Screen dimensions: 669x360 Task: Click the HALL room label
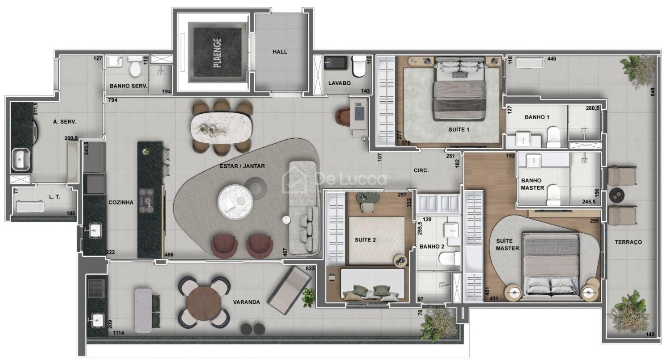pyautogui.click(x=280, y=52)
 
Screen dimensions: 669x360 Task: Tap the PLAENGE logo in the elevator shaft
pyautogui.click(x=218, y=53)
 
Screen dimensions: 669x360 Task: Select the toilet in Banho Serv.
pyautogui.click(x=135, y=66)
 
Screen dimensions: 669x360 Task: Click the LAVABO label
pyautogui.click(x=339, y=83)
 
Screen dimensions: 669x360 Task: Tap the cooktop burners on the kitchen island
pyautogui.click(x=146, y=200)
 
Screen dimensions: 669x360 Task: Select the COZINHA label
pyautogui.click(x=121, y=203)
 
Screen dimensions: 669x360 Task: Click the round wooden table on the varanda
pyautogui.click(x=204, y=303)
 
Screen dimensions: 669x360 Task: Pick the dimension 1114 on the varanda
pyautogui.click(x=119, y=333)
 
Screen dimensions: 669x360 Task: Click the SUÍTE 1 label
pyautogui.click(x=459, y=130)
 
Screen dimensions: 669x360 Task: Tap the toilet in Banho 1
pyautogui.click(x=553, y=136)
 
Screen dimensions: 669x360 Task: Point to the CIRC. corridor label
pyautogui.click(x=421, y=170)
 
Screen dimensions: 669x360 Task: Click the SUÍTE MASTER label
pyautogui.click(x=508, y=244)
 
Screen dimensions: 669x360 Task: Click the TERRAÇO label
pyautogui.click(x=628, y=242)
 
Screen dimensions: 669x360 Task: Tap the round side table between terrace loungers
pyautogui.click(x=616, y=195)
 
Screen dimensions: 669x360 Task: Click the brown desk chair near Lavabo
pyautogui.click(x=343, y=116)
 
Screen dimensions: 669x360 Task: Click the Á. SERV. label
pyautogui.click(x=64, y=122)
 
